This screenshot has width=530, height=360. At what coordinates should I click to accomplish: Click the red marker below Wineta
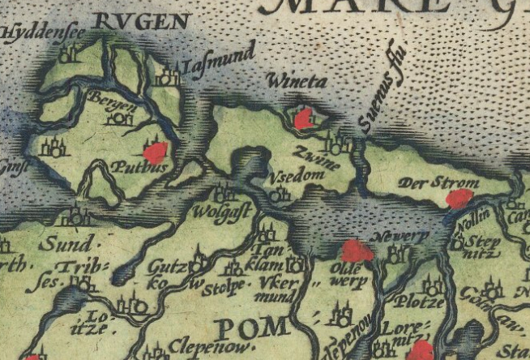304,120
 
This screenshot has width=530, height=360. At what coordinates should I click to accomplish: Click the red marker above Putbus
155,152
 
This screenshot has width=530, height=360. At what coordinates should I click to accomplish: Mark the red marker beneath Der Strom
459,199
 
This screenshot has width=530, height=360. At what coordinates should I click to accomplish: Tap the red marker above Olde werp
357,251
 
